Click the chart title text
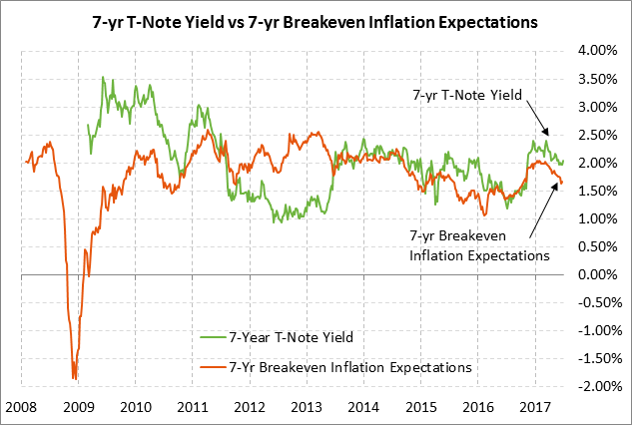point(316,20)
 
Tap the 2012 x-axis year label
point(250,407)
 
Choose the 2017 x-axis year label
point(536,407)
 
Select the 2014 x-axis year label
point(364,407)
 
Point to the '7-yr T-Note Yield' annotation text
point(466,95)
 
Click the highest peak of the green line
point(103,77)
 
